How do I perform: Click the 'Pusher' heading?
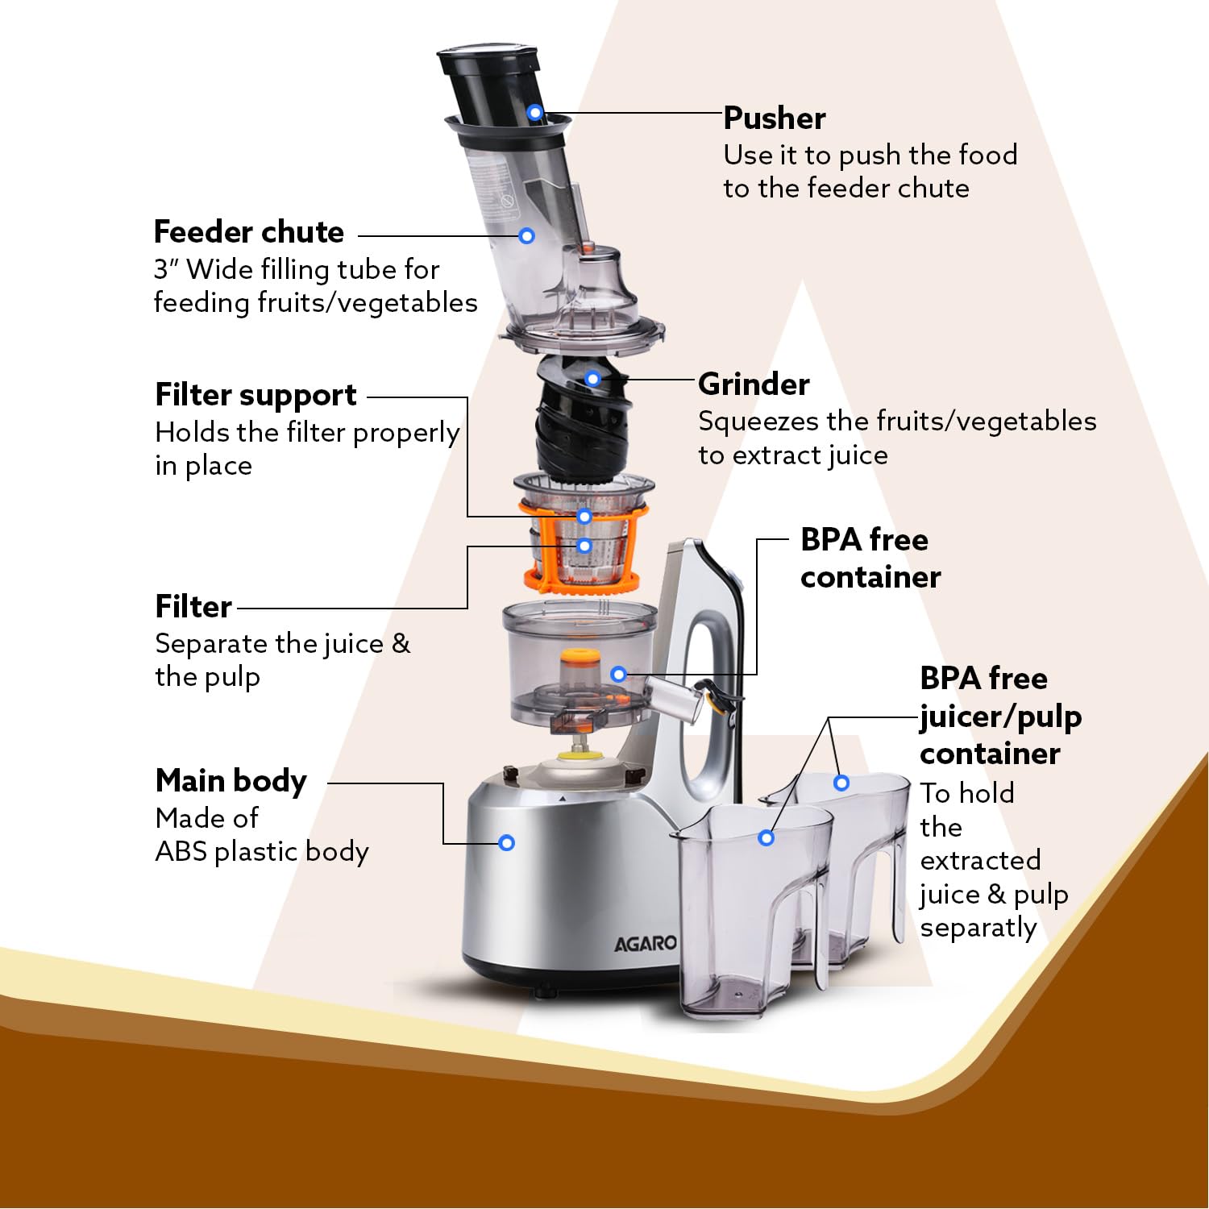click(775, 118)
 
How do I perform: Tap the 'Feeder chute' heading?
click(249, 232)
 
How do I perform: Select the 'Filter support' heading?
click(256, 396)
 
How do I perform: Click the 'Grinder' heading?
click(754, 384)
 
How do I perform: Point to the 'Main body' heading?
click(231, 781)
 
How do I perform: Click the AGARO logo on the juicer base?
click(645, 943)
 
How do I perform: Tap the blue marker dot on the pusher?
click(535, 113)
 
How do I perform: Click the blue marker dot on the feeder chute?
click(526, 236)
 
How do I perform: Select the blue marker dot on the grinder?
click(593, 378)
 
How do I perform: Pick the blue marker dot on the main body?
click(507, 843)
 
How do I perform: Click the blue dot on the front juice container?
click(767, 838)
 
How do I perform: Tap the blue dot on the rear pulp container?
click(841, 783)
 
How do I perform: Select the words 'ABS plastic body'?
click(262, 851)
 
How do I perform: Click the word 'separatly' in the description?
click(978, 928)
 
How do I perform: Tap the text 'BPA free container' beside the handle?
click(870, 559)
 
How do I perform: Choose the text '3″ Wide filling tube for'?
click(297, 269)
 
